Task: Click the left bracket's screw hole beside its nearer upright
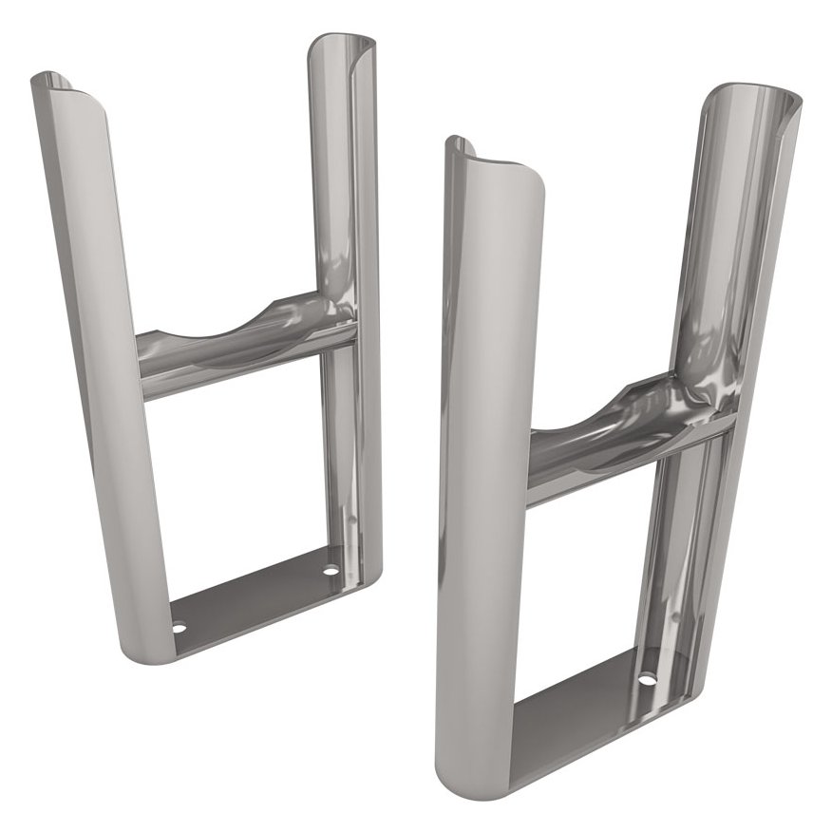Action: [x=179, y=627]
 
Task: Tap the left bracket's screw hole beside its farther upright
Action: [x=331, y=572]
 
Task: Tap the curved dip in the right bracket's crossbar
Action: [x=617, y=418]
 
